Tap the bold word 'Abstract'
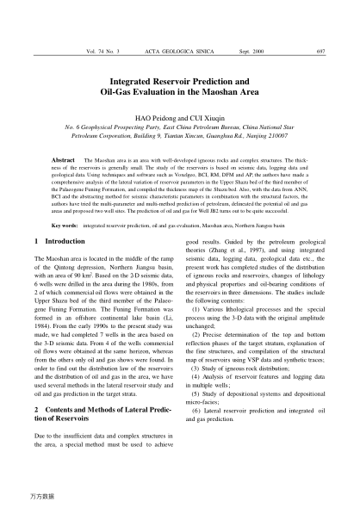pyautogui.click(x=65, y=160)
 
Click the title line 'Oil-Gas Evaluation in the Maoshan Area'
pyautogui.click(x=179, y=89)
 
